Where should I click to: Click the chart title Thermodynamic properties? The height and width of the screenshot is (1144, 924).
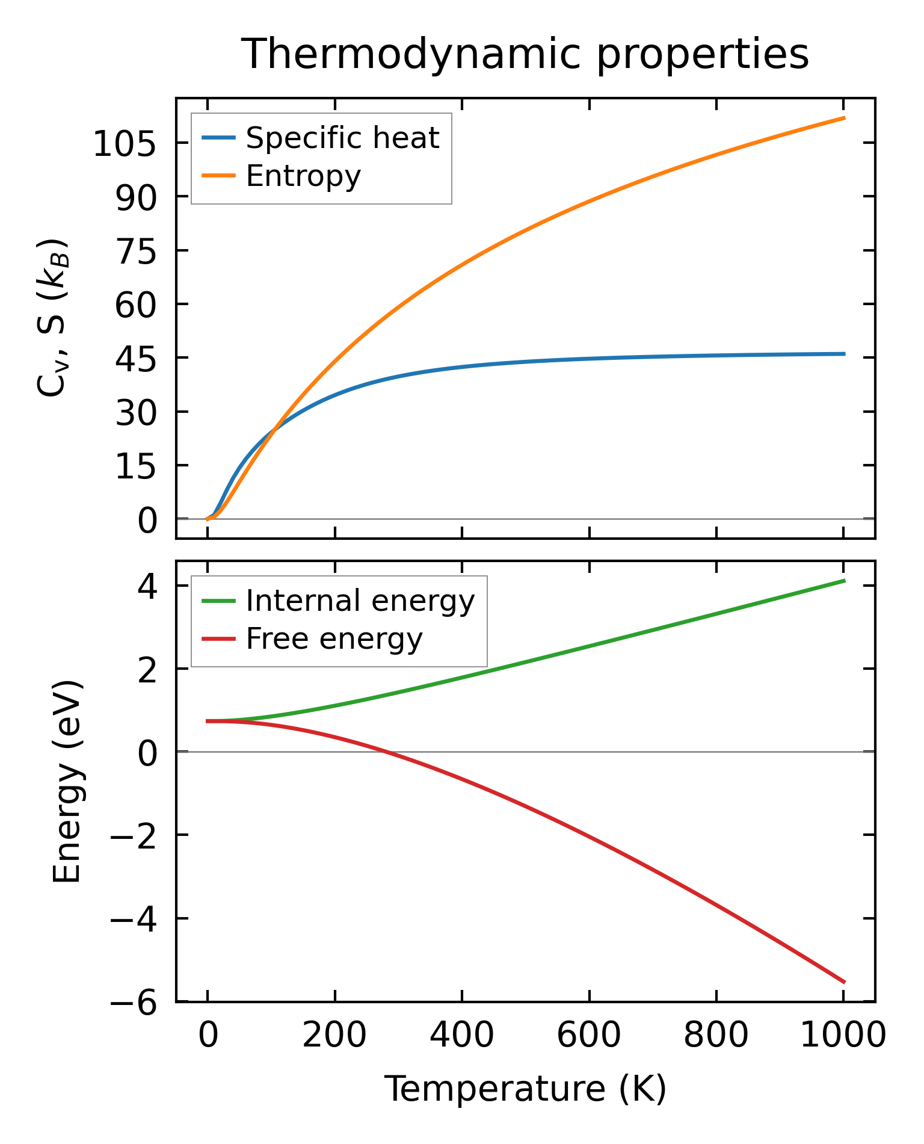pyautogui.click(x=525, y=54)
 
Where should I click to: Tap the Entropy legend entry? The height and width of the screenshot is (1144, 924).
pyautogui.click(x=303, y=176)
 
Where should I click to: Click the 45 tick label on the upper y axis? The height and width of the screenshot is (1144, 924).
pyautogui.click(x=135, y=359)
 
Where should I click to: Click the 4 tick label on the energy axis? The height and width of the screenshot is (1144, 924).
pyautogui.click(x=147, y=587)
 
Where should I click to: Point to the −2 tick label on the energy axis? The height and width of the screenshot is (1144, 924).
pyautogui.click(x=134, y=836)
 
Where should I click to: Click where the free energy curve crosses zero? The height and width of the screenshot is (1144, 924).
pyautogui.click(x=386, y=752)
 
